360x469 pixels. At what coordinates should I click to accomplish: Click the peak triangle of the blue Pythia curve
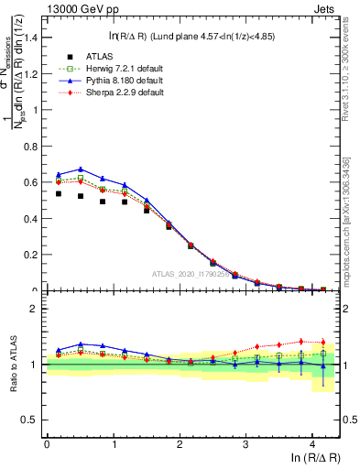pos(82,169)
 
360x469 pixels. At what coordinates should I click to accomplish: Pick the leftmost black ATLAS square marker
pos(59,193)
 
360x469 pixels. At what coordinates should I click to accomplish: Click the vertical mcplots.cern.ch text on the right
pos(347,220)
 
